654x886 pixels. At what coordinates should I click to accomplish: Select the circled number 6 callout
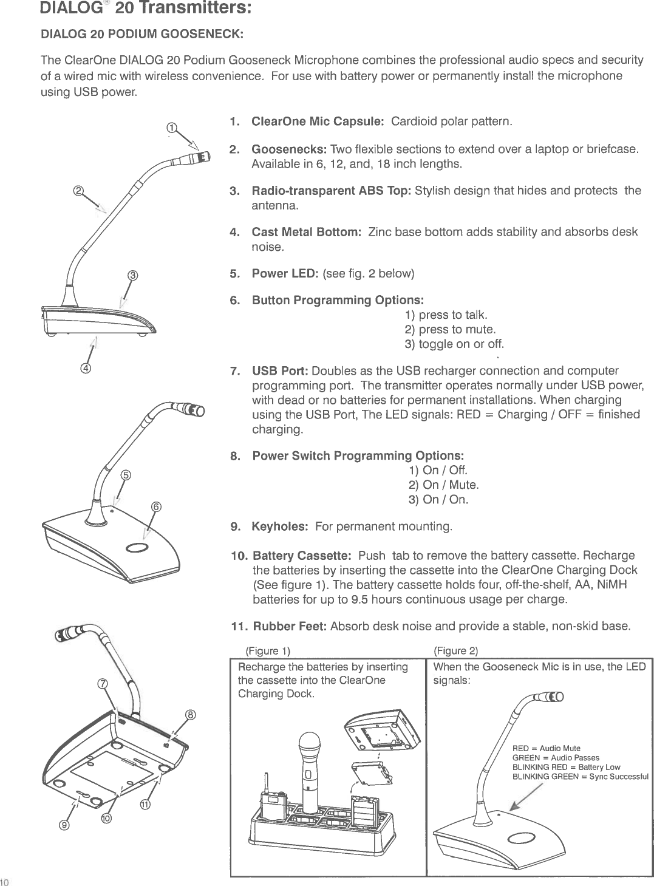pyautogui.click(x=156, y=507)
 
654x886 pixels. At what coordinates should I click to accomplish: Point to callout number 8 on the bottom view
pyautogui.click(x=190, y=715)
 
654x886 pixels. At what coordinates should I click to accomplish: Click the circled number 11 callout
pyautogui.click(x=146, y=805)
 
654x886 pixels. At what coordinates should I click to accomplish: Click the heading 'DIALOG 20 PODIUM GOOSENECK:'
pyautogui.click(x=141, y=34)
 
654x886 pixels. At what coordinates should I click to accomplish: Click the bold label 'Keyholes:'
pyautogui.click(x=280, y=525)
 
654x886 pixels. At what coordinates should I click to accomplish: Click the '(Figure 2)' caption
pyautogui.click(x=456, y=652)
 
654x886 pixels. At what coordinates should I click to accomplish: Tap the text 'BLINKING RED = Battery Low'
pyautogui.click(x=566, y=768)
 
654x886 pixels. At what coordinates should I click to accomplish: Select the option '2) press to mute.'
pyautogui.click(x=450, y=330)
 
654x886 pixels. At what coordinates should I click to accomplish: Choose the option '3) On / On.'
pyautogui.click(x=438, y=500)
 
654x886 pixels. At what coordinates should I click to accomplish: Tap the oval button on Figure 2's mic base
pyautogui.click(x=523, y=839)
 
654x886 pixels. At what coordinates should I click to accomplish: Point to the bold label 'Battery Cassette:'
pyautogui.click(x=301, y=556)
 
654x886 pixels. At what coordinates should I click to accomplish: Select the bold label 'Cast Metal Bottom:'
pyautogui.click(x=307, y=232)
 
